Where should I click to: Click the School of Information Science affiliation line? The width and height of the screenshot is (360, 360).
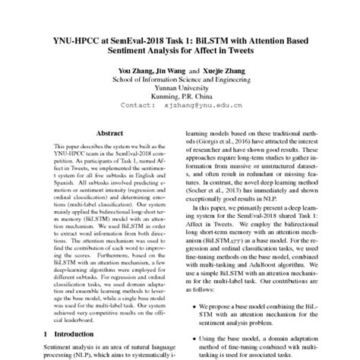point(179,79)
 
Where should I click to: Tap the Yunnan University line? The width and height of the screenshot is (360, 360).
point(180,87)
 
